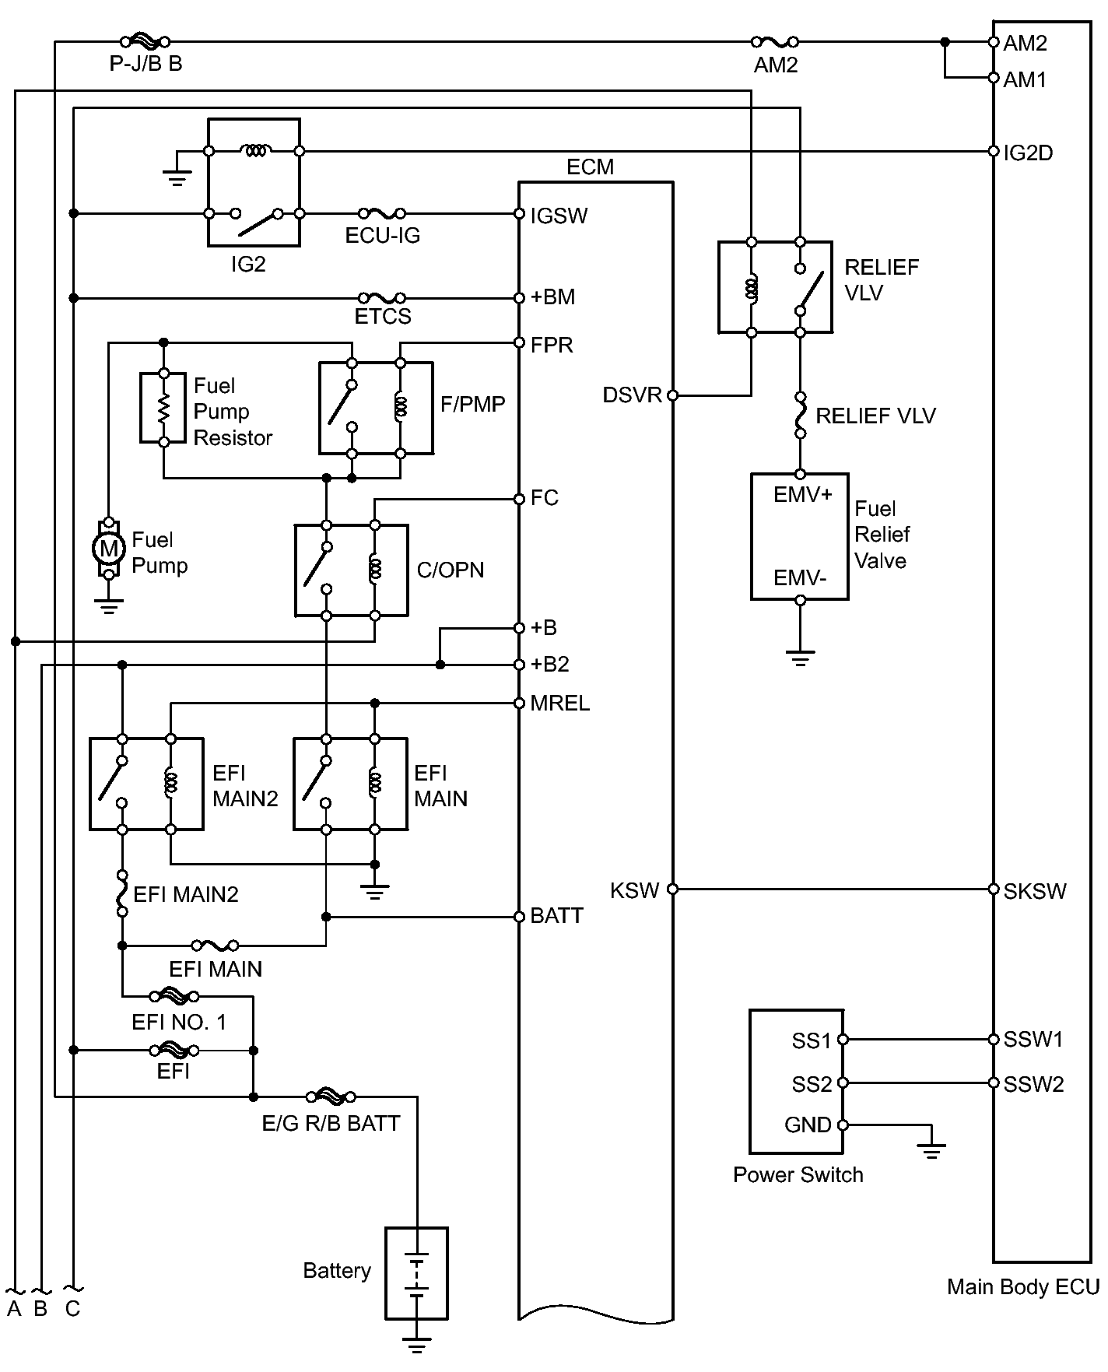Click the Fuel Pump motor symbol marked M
tap(109, 549)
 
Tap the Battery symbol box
tap(416, 1273)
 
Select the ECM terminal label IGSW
tap(559, 216)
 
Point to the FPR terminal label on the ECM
tap(552, 345)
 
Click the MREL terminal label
tap(559, 704)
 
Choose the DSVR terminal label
tap(632, 395)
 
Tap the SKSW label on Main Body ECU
tap(1034, 891)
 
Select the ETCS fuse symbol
tap(381, 298)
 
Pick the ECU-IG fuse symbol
tap(381, 213)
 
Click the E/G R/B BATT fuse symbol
tap(331, 1097)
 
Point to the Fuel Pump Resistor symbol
tap(163, 409)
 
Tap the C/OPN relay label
tap(451, 570)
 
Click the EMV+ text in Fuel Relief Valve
tap(802, 495)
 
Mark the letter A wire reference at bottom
tap(14, 1309)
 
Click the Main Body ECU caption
tap(1022, 1287)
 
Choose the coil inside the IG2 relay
tap(254, 151)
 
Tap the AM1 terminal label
tap(1025, 79)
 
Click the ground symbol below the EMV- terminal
tap(800, 658)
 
